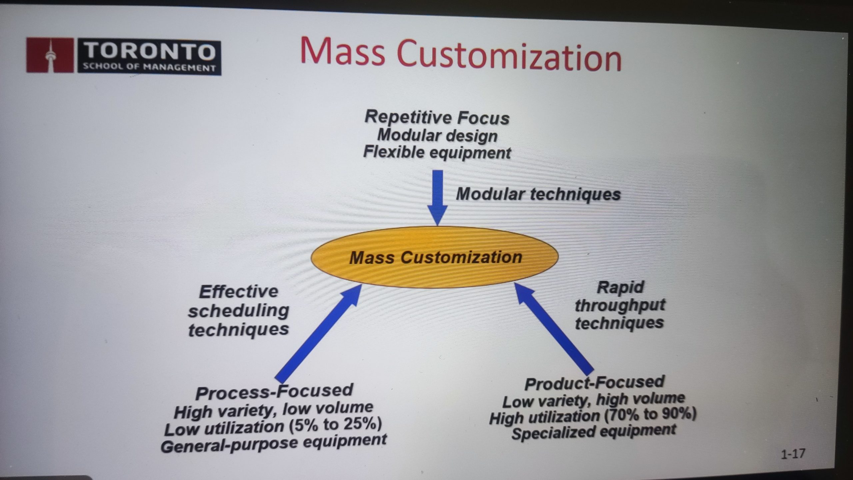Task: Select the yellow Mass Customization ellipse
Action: pos(434,257)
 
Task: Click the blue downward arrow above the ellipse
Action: pos(437,198)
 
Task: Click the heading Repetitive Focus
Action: pos(437,117)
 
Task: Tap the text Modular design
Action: pos(437,135)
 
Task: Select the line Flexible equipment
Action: pos(437,153)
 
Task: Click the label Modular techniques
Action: pos(538,194)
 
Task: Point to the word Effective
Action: pos(239,292)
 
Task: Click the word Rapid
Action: pos(620,287)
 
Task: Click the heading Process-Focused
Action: pos(274,392)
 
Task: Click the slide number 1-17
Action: pos(793,454)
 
